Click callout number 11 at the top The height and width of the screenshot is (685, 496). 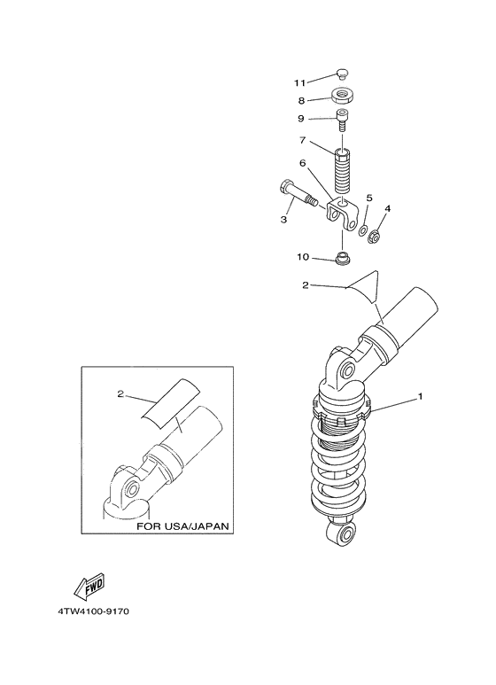300,82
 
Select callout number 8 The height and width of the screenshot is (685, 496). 302,101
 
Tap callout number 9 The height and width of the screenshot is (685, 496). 302,119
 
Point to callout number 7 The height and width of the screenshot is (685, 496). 302,140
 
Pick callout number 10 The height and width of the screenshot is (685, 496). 303,258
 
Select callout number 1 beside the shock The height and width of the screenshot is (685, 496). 420,396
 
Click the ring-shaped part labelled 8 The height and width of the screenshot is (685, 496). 343,97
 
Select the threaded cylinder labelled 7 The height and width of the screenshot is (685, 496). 343,168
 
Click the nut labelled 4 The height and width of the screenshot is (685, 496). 376,236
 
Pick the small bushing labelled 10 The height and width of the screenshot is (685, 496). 342,260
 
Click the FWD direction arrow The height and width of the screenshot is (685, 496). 90,588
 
